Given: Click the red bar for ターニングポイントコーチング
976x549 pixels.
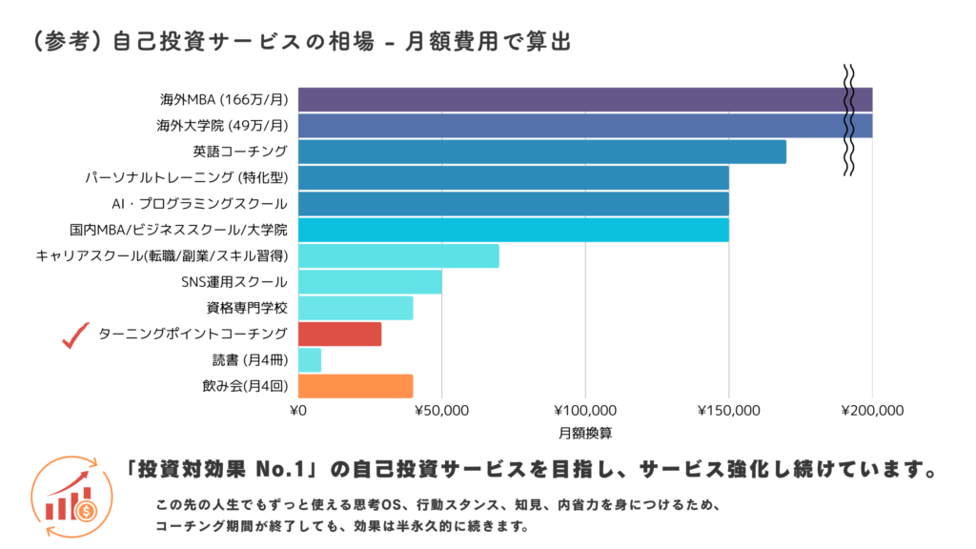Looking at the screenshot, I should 339,334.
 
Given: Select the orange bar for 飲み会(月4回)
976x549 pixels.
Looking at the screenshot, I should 356,386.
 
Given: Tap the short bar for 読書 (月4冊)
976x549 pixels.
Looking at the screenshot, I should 310,360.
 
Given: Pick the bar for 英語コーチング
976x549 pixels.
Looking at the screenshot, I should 541,152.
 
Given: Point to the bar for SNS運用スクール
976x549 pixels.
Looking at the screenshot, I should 370,282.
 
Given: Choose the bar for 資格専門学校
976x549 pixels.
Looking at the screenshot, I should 356,308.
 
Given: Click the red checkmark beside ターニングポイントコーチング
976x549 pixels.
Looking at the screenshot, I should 74,335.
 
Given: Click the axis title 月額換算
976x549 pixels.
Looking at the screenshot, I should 585,432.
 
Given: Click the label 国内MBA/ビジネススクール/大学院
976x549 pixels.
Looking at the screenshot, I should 178,230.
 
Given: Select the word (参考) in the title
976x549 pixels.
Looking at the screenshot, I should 66,42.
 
